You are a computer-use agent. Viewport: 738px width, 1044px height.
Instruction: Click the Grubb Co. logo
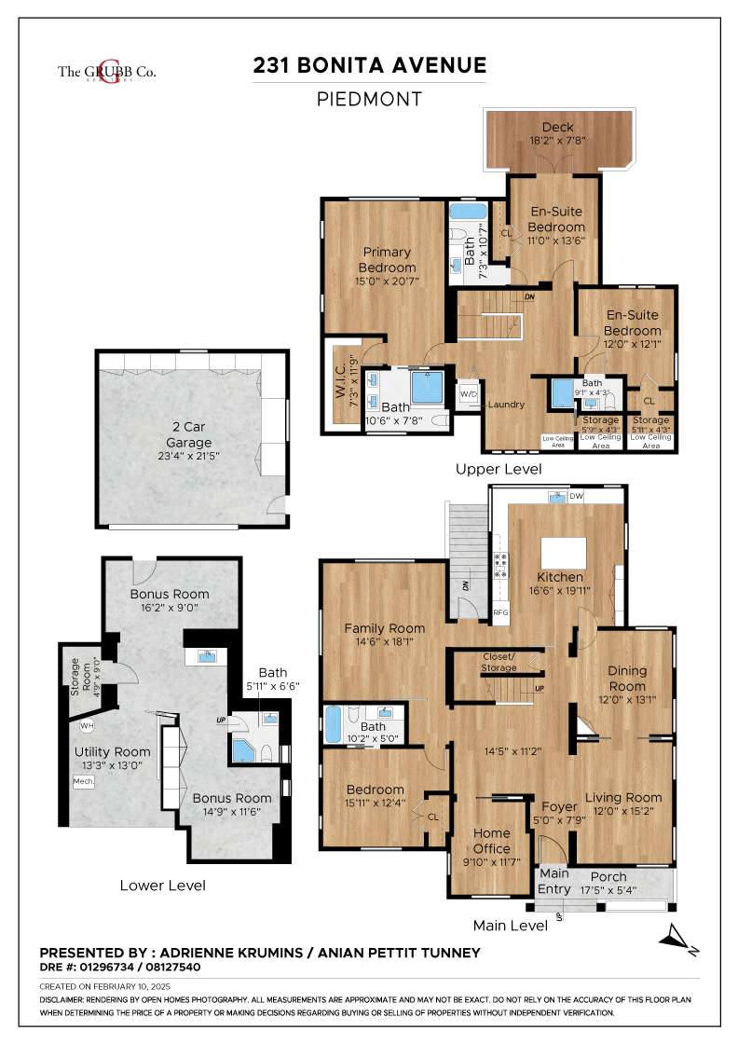click(x=94, y=71)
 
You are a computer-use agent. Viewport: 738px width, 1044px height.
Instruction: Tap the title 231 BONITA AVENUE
click(x=370, y=65)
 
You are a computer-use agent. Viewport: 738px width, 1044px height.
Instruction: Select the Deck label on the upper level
click(x=557, y=127)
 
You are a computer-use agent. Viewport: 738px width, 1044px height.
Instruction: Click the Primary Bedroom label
click(x=388, y=260)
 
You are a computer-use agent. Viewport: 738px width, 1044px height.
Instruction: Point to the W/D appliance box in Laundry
click(x=468, y=395)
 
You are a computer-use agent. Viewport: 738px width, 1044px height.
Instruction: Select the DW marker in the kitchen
click(x=576, y=497)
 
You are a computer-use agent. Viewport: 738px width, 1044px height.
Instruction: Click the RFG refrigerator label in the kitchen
click(x=499, y=613)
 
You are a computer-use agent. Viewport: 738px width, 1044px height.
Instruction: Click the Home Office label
click(x=491, y=841)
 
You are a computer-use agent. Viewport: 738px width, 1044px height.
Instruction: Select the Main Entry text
click(x=554, y=881)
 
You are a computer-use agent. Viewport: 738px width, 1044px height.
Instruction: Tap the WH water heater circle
click(x=86, y=725)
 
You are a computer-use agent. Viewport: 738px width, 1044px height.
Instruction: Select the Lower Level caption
click(x=163, y=885)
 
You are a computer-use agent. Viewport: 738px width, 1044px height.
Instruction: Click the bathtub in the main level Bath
click(x=334, y=724)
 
